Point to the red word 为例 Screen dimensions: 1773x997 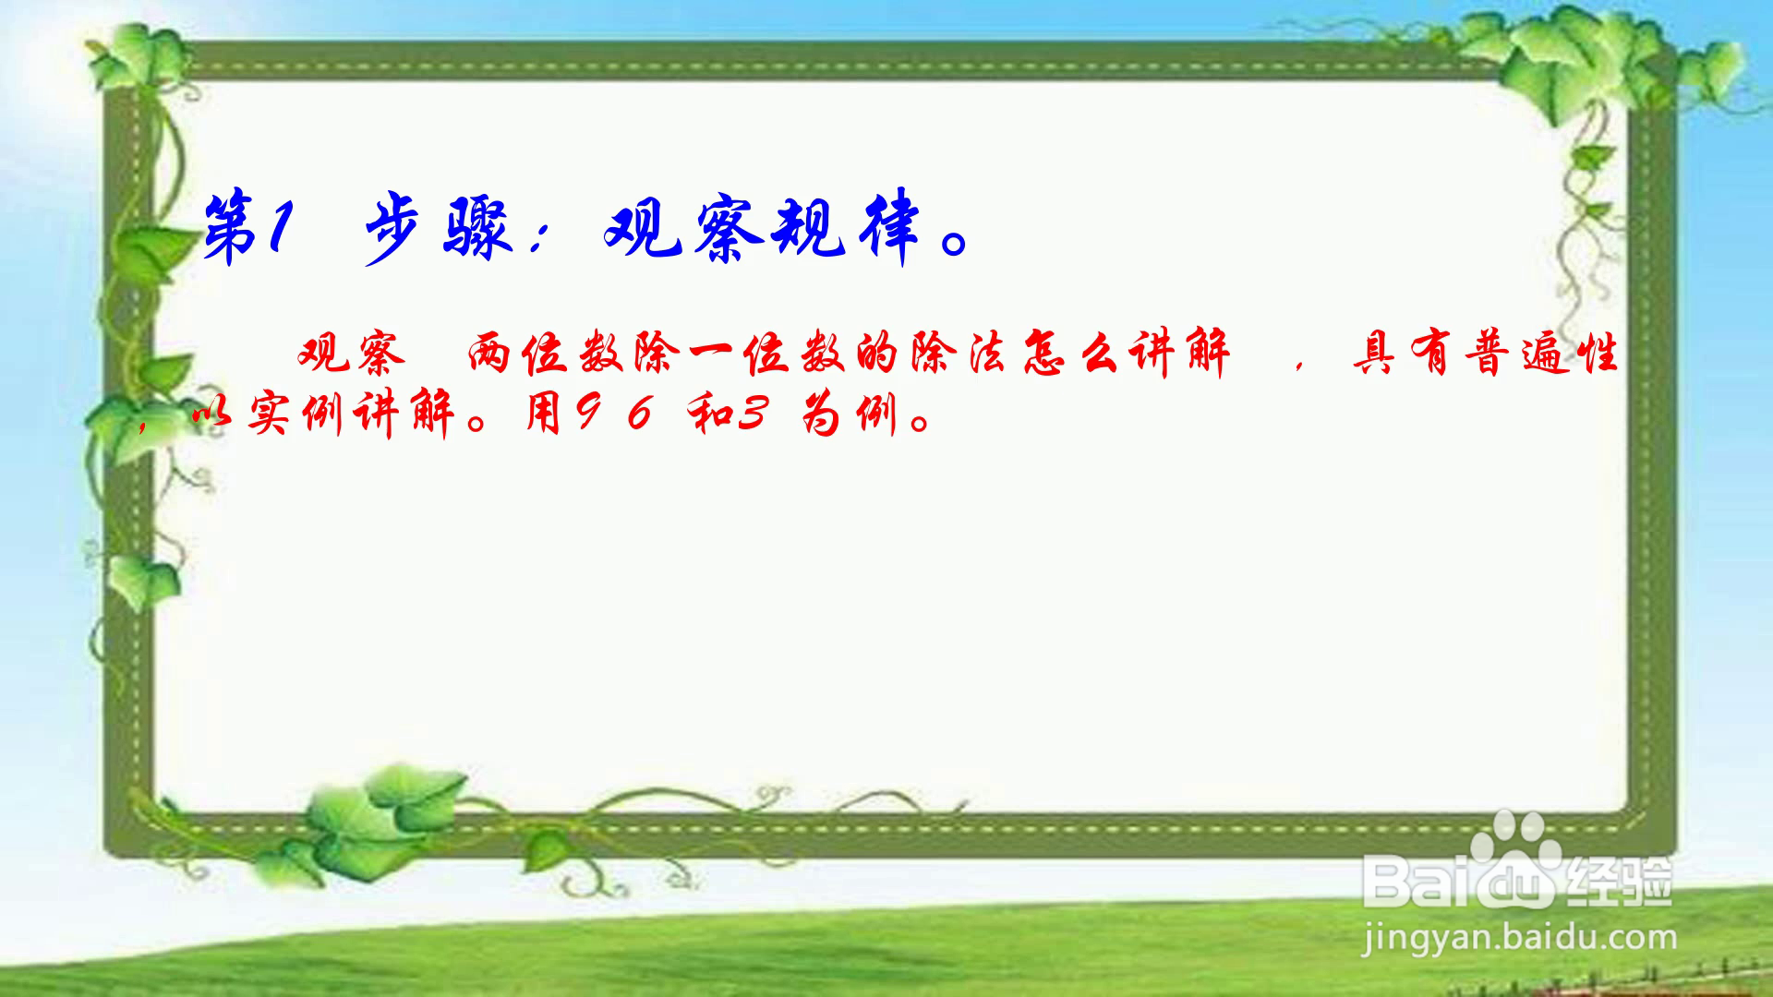coord(849,414)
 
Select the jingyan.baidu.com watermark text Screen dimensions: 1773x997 coord(1520,939)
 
